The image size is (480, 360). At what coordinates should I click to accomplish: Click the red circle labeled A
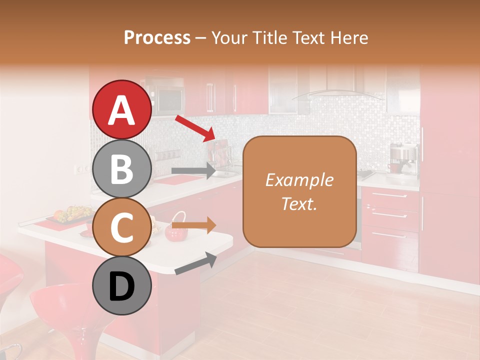tap(122, 109)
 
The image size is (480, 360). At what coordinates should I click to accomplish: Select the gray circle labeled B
tap(122, 168)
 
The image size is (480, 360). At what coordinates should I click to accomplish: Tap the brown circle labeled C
tap(122, 227)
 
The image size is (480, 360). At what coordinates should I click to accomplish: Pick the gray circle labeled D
tap(122, 286)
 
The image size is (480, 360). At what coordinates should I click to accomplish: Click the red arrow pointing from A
tap(194, 127)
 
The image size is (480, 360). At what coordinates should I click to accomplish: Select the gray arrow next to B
tap(193, 170)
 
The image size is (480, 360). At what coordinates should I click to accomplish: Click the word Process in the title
tap(157, 37)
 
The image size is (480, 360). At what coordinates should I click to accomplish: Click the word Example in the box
tap(299, 180)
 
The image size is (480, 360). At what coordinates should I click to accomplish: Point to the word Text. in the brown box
tap(299, 203)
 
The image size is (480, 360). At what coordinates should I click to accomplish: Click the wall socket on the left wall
tap(79, 169)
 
